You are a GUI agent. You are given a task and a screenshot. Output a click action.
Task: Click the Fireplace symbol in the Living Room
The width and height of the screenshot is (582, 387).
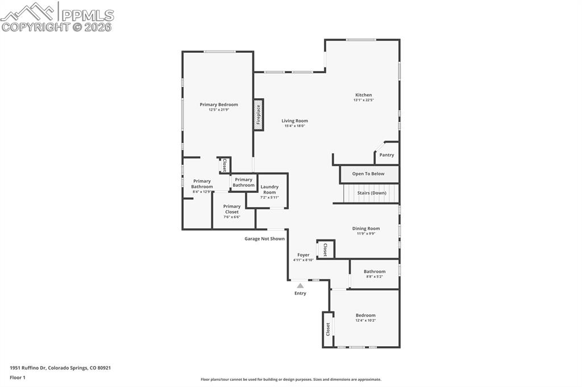pos(259,115)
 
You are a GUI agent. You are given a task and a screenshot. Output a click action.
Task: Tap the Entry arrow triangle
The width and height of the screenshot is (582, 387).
pos(300,285)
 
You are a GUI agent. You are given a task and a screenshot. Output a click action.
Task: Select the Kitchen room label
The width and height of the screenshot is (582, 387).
pos(364,95)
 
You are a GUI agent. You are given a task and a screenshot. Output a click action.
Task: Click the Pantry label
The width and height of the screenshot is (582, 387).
pos(386,155)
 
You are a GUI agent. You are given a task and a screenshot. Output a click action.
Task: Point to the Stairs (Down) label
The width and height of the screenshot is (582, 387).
pos(372,193)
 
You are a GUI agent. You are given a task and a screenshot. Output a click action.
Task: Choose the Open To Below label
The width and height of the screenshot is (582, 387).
pos(368,174)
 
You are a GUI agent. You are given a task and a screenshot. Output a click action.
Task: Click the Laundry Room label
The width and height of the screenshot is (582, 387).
pos(269,190)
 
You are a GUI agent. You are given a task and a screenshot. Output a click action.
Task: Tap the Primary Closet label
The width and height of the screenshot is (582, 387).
pos(232,209)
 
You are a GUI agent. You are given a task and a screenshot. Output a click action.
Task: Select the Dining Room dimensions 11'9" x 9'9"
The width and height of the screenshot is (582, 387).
pos(366,233)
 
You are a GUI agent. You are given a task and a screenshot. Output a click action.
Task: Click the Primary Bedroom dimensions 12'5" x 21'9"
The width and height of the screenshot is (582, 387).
pos(219,110)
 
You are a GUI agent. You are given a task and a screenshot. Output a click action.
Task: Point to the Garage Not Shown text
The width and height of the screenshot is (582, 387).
pos(264,239)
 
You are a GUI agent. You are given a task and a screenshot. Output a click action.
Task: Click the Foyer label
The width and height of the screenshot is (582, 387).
pos(304,255)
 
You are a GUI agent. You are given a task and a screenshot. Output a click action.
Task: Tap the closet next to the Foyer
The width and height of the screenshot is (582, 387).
pos(325,250)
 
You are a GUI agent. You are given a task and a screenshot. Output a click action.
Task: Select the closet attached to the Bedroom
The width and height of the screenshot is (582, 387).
pos(328,329)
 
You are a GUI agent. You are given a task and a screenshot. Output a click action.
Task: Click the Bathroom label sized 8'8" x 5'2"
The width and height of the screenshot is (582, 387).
pos(375,271)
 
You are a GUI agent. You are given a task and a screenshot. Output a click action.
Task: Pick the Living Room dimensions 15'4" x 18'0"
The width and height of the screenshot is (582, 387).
pos(295,126)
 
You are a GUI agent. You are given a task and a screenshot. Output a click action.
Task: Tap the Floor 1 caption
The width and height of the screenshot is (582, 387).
pos(18,377)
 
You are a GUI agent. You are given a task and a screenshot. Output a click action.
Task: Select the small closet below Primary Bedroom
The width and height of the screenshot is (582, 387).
pos(225,165)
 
